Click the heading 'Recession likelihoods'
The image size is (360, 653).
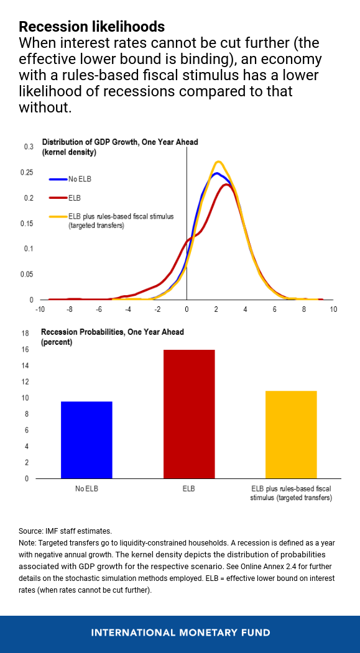[91, 27]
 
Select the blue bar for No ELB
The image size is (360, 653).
[86, 440]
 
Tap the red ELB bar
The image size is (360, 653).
[188, 414]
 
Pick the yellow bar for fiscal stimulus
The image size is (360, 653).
[290, 434]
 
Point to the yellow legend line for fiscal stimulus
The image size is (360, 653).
[58, 217]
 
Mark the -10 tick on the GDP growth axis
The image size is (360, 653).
[40, 309]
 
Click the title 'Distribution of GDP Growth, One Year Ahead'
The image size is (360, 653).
[119, 142]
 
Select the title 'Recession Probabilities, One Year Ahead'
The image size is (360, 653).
[112, 332]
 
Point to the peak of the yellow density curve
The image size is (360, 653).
[218, 162]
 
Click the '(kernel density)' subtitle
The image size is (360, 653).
[68, 152]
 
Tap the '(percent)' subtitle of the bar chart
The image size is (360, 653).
[57, 342]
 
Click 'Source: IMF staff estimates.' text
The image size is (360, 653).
[65, 531]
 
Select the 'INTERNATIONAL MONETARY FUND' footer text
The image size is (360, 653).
[180, 632]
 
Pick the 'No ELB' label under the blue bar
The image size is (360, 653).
[86, 488]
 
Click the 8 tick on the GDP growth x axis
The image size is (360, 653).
[304, 309]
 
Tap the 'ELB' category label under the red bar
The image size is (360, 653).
[188, 488]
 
